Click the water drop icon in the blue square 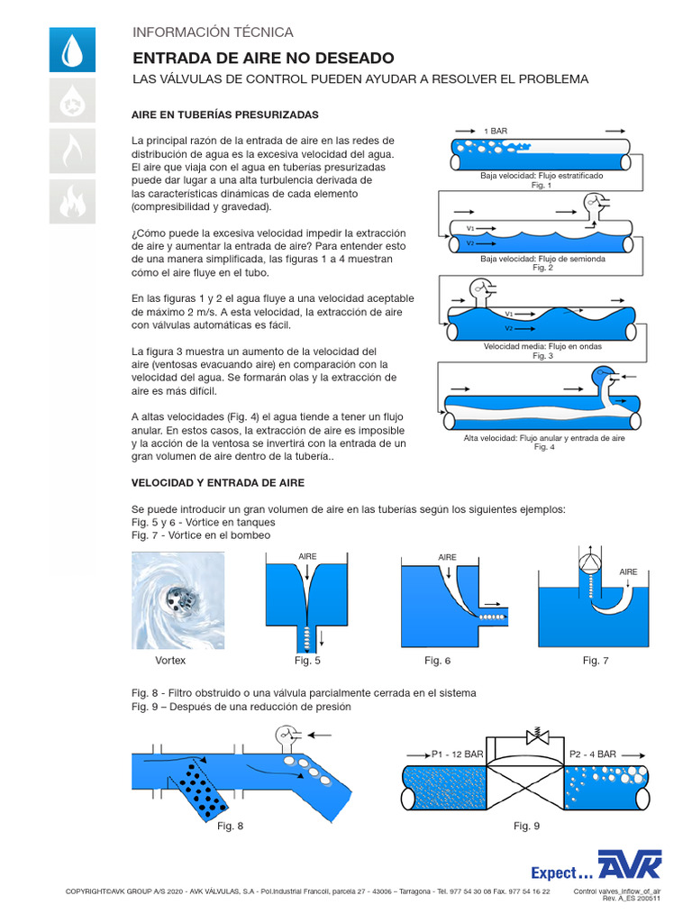70,49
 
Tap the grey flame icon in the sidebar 70,151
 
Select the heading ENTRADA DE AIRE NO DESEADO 250,58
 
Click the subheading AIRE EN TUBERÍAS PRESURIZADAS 224,115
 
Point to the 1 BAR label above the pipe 496,131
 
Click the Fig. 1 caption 541,185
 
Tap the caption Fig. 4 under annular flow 544,447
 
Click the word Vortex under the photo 170,661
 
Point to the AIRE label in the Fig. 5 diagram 307,556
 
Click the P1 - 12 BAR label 457,754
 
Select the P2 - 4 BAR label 593,754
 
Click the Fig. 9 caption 526,826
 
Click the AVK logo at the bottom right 631,866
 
